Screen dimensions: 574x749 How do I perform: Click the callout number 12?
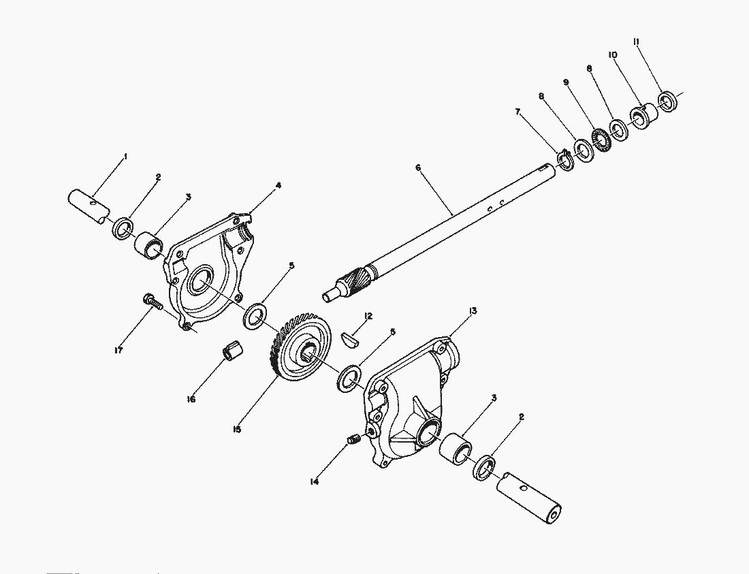368,316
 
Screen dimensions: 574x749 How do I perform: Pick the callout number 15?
236,429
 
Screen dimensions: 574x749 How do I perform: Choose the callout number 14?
314,481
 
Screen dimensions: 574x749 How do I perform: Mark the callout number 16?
191,399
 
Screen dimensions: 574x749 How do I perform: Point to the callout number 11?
636,42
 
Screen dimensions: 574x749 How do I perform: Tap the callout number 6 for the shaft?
418,167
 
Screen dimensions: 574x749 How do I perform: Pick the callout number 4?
278,185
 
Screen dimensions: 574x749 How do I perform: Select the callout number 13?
473,310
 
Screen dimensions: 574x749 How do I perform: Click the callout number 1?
125,157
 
